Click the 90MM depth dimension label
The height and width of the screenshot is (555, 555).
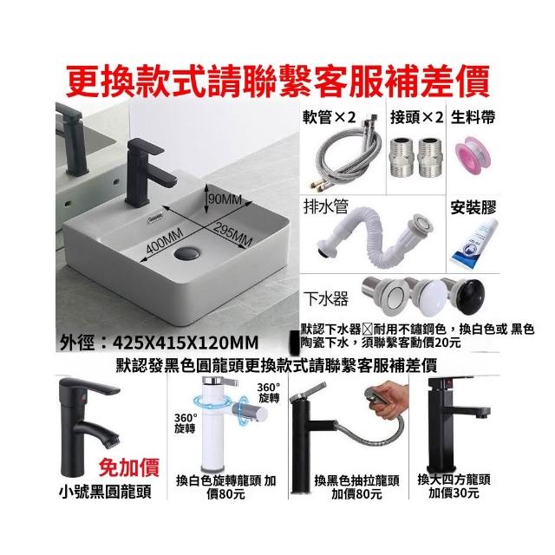(x=225, y=200)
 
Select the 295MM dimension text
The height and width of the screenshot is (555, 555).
(x=233, y=234)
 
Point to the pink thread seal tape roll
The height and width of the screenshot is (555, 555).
(x=473, y=155)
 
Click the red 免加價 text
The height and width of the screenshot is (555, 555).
(x=129, y=467)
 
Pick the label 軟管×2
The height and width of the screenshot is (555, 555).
(x=330, y=118)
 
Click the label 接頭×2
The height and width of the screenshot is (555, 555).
(x=416, y=118)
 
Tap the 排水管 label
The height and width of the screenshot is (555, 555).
(x=326, y=207)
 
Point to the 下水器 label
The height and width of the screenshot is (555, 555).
(x=326, y=299)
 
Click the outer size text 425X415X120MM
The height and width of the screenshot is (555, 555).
(x=185, y=343)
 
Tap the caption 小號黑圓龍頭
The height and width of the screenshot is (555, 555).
(x=105, y=492)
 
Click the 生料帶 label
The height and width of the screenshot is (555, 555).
(x=473, y=118)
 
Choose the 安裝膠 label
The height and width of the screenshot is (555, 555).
(x=473, y=208)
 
